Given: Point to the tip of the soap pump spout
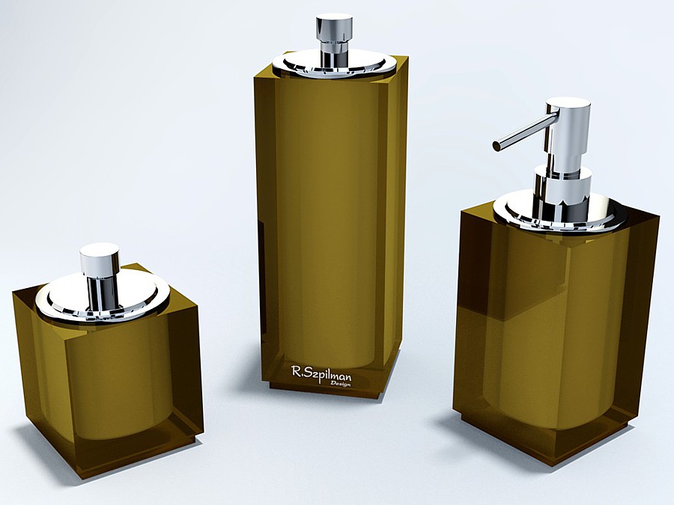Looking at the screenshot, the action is pyautogui.click(x=497, y=146).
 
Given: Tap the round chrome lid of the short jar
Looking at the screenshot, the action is pyautogui.click(x=103, y=296).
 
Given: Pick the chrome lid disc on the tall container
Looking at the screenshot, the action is pyautogui.click(x=333, y=64).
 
